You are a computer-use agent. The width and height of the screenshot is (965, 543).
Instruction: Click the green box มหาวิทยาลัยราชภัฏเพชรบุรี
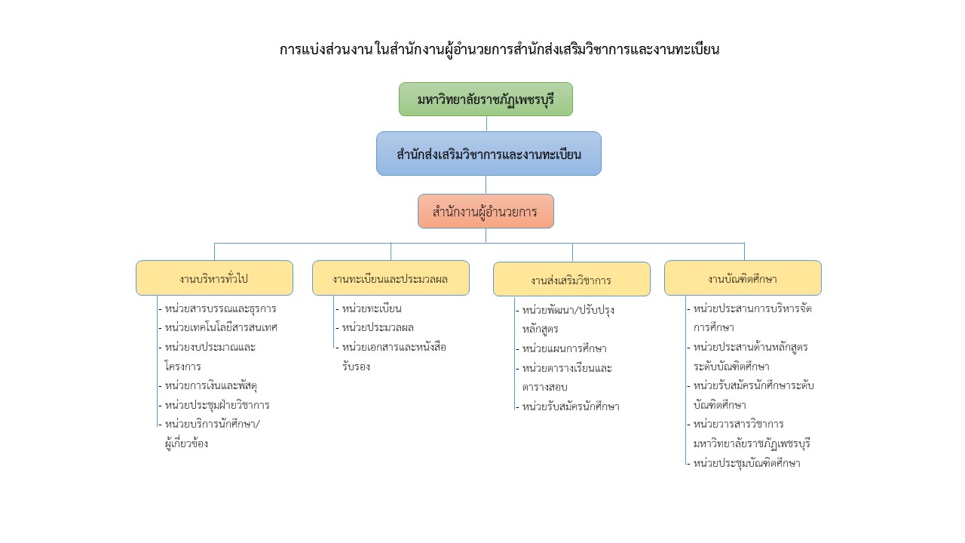click(486, 99)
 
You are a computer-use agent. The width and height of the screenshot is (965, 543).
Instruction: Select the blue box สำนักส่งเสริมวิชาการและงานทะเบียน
click(489, 153)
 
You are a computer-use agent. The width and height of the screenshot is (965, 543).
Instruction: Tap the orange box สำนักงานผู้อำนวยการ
click(486, 211)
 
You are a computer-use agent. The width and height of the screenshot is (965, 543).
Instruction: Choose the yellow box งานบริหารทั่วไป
click(214, 278)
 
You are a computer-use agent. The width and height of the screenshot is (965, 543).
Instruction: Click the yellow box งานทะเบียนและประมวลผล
click(391, 278)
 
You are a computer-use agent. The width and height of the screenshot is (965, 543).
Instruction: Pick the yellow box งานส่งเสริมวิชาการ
click(571, 279)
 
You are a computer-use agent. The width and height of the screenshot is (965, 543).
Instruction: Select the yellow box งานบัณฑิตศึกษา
click(743, 278)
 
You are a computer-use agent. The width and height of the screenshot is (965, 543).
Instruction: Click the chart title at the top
click(499, 50)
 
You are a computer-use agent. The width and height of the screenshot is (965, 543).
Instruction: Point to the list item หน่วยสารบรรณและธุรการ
click(220, 308)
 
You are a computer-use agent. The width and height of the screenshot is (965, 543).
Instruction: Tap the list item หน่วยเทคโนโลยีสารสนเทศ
click(221, 327)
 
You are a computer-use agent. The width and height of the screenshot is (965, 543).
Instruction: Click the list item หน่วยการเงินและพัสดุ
click(210, 385)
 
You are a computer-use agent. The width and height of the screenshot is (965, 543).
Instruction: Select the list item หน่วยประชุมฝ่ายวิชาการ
click(217, 405)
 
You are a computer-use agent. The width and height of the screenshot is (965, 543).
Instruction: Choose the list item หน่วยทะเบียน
click(372, 308)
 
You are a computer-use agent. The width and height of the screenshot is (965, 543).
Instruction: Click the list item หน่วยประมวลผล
click(378, 327)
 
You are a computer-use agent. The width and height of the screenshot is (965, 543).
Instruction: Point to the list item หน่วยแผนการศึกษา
click(565, 348)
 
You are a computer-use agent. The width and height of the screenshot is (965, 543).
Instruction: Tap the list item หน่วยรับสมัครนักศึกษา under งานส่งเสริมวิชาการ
click(571, 406)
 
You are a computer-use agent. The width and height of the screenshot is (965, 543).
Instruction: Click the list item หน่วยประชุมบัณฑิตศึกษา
click(746, 463)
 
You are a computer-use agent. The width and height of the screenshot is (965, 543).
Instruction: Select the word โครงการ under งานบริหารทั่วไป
click(182, 367)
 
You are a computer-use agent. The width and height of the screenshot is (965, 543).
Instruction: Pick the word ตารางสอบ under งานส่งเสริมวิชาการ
click(544, 387)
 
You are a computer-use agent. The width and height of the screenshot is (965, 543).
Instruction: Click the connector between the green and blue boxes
click(486, 124)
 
